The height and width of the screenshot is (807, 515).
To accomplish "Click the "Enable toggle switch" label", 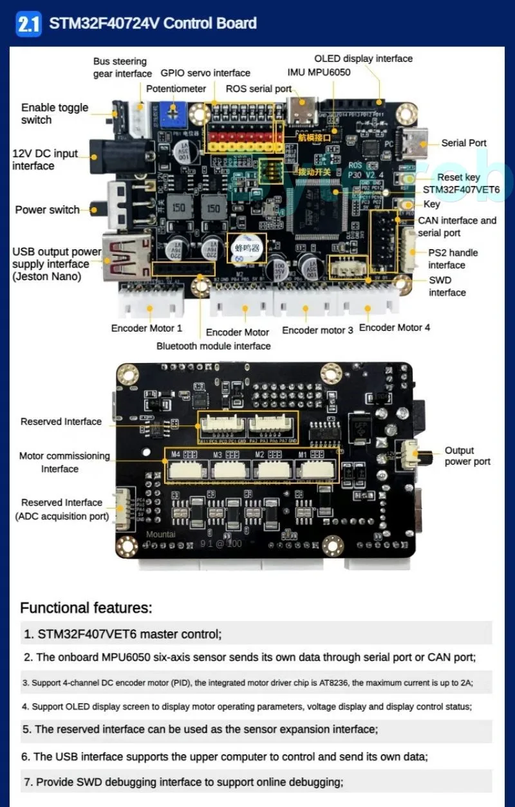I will [55, 114].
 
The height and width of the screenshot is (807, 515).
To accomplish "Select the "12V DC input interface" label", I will [45, 160].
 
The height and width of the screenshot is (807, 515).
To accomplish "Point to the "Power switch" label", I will [47, 210].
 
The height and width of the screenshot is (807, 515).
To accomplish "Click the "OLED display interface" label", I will [363, 59].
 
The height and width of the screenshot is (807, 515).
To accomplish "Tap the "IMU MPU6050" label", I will [319, 72].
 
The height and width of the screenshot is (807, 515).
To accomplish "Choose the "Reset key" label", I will [458, 177].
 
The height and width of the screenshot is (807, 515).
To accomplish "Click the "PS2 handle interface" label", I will [447, 259].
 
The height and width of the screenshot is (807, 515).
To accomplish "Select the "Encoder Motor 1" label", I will [147, 328].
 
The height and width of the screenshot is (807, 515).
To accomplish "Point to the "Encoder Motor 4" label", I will [394, 328].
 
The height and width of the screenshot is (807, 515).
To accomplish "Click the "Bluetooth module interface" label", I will [213, 346].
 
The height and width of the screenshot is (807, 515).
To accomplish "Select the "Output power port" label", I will [467, 456].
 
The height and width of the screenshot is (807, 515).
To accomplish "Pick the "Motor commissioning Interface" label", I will [64, 462].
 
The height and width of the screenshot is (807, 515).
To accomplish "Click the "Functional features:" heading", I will [86, 608].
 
